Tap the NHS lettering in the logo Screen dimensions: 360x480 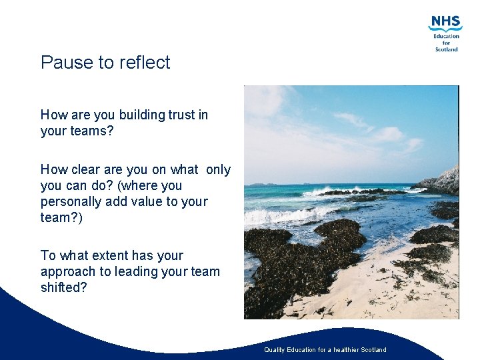point(445,23)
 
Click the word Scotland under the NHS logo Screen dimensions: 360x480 point(446,49)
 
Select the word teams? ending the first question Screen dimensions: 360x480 point(91,131)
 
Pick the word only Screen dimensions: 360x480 point(218,169)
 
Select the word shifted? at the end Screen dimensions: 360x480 point(63,288)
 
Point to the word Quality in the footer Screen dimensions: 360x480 point(275,350)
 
